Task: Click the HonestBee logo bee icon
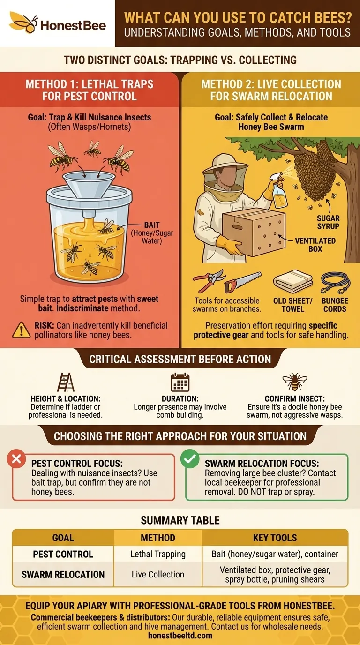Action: [x=23, y=22]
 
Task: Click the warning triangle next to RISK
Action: [x=21, y=330]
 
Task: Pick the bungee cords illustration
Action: [x=335, y=283]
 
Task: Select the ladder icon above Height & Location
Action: [x=65, y=382]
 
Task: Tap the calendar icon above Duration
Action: [x=180, y=382]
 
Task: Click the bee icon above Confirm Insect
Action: [x=294, y=382]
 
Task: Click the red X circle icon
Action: [x=16, y=460]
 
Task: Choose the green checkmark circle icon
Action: [x=190, y=460]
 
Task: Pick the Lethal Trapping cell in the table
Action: [x=158, y=554]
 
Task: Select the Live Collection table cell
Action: [x=158, y=574]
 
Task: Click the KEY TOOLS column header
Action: [x=275, y=538]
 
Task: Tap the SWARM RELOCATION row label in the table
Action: [x=63, y=574]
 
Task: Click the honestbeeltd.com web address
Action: [x=180, y=636]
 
